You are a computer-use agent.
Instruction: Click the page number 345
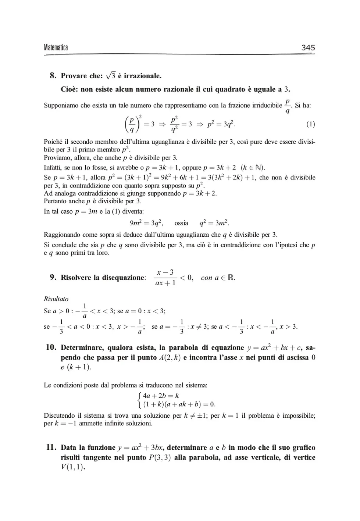308,47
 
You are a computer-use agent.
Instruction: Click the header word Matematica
56,47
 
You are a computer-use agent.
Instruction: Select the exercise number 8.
53,76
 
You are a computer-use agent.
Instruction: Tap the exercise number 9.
53,277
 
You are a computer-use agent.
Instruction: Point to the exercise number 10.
51,347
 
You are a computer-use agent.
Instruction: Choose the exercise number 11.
51,447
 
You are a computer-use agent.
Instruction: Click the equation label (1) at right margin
310,124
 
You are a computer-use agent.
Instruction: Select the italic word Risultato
56,299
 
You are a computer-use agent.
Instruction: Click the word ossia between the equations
181,223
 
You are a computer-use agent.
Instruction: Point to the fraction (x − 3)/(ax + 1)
165,278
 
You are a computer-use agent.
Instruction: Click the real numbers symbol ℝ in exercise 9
231,278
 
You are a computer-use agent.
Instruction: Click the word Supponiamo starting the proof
61,106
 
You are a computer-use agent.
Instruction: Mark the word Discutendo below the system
61,415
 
